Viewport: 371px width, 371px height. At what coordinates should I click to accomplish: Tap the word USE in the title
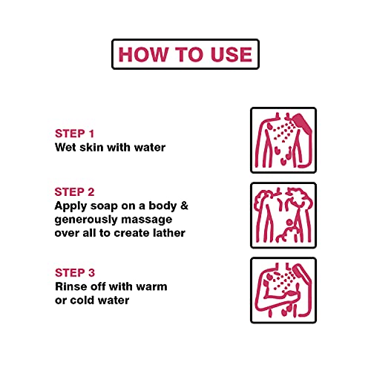pyautogui.click(x=232, y=54)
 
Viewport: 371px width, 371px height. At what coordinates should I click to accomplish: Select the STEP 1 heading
pyautogui.click(x=74, y=134)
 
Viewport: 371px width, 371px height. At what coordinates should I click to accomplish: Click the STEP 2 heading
pyautogui.click(x=74, y=192)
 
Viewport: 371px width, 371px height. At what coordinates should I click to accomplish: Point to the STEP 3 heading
pyautogui.click(x=75, y=273)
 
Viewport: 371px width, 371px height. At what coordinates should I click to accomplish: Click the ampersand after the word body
pyautogui.click(x=184, y=206)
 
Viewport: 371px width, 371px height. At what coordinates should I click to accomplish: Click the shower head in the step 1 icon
pyautogui.click(x=302, y=124)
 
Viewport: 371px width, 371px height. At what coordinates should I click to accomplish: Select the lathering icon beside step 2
pyautogui.click(x=283, y=215)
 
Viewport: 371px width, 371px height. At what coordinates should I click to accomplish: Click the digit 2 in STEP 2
pyautogui.click(x=91, y=192)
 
